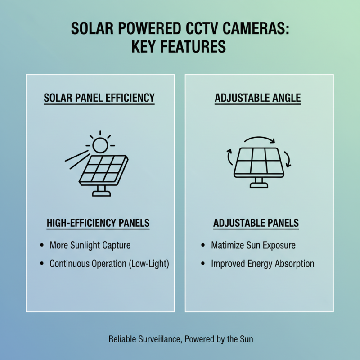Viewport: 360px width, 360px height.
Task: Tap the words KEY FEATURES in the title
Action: pos(179,47)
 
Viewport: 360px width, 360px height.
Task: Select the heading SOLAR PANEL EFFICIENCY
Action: pos(99,98)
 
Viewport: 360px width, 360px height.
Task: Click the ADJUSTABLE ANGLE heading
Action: pos(258,98)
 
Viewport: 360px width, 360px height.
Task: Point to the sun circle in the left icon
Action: pos(100,144)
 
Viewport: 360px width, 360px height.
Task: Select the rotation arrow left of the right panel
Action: pos(229,157)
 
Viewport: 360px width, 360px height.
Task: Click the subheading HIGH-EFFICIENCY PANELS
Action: pos(98,223)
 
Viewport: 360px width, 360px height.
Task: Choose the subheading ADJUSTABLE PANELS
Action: pos(256,223)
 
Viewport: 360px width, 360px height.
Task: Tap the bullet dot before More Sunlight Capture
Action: pos(42,246)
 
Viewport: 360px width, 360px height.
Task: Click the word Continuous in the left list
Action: pos(69,264)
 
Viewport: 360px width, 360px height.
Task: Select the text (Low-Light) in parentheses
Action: pos(149,264)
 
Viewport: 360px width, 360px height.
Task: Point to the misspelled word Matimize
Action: pos(228,246)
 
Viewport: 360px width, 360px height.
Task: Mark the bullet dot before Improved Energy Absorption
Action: pos(203,264)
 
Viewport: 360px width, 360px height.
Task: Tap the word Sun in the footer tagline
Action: pos(246,339)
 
